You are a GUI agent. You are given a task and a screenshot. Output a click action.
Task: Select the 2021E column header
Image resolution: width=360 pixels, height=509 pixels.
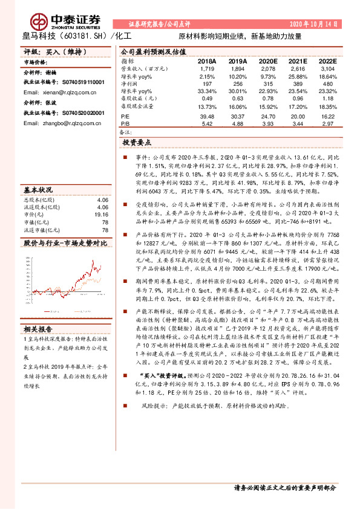(299, 62)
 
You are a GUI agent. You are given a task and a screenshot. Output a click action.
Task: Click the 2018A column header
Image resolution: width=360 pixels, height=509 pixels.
(206, 62)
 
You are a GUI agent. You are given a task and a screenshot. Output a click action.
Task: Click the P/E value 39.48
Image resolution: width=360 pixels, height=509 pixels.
(206, 116)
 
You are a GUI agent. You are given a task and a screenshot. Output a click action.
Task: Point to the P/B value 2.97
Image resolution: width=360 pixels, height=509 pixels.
(328, 123)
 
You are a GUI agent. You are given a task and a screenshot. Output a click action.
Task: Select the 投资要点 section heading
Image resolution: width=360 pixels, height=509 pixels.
(141, 143)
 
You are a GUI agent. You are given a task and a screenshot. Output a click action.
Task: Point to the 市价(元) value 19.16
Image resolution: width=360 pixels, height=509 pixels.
(100, 214)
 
